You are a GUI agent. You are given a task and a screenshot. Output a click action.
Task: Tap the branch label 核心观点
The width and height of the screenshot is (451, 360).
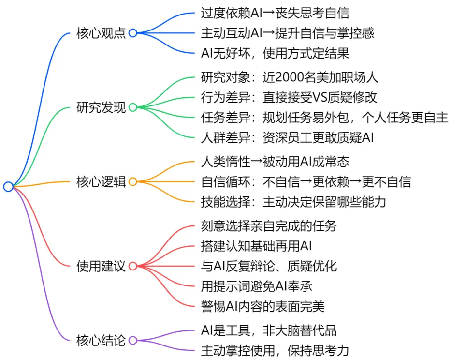pyautogui.click(x=101, y=33)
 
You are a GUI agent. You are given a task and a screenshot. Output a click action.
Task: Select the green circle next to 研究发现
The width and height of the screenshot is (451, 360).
pyautogui.click(x=132, y=107)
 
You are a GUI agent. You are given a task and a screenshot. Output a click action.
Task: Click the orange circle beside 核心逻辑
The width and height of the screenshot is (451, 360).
pyautogui.click(x=132, y=182)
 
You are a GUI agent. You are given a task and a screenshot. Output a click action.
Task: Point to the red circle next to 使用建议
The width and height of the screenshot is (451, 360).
pyautogui.click(x=132, y=266)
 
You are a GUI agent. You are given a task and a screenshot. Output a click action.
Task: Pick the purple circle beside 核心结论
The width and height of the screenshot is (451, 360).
pyautogui.click(x=132, y=341)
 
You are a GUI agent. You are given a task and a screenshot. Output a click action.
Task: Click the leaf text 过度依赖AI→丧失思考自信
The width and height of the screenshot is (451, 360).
pyautogui.click(x=275, y=13)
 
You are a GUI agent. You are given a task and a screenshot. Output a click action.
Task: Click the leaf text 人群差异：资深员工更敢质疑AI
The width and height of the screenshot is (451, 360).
pyautogui.click(x=287, y=137)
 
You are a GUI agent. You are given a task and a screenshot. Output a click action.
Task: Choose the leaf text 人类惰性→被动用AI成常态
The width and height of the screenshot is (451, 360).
pyautogui.click(x=275, y=162)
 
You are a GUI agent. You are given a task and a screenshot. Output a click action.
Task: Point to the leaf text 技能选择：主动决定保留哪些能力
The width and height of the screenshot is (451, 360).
pyautogui.click(x=293, y=202)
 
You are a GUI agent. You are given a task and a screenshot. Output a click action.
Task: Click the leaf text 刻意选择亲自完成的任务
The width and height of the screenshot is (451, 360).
pyautogui.click(x=269, y=226)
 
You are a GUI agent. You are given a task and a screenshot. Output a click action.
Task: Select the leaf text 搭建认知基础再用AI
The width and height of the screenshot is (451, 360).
pyautogui.click(x=256, y=246)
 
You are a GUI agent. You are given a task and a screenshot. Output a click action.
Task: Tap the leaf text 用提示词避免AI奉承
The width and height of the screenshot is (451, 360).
pyautogui.click(x=257, y=286)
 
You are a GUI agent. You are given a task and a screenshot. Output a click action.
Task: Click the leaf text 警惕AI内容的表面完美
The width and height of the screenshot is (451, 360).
pyautogui.click(x=262, y=306)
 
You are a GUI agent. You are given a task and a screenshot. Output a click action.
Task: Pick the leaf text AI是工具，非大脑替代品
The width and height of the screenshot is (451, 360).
pyautogui.click(x=269, y=330)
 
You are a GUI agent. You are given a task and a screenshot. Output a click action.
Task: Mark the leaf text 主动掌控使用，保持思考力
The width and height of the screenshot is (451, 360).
pyautogui.click(x=275, y=351)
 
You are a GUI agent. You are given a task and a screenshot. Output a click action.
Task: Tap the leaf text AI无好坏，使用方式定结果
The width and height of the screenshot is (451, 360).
pyautogui.click(x=275, y=53)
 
